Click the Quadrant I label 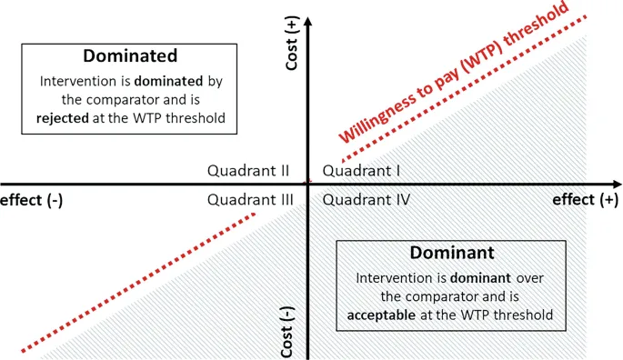tap(357, 170)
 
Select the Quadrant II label tap(248, 170)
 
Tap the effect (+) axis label tap(583, 200)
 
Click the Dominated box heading tap(129, 55)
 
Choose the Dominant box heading tap(451, 252)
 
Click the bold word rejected tap(65, 118)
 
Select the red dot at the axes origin tap(307, 182)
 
